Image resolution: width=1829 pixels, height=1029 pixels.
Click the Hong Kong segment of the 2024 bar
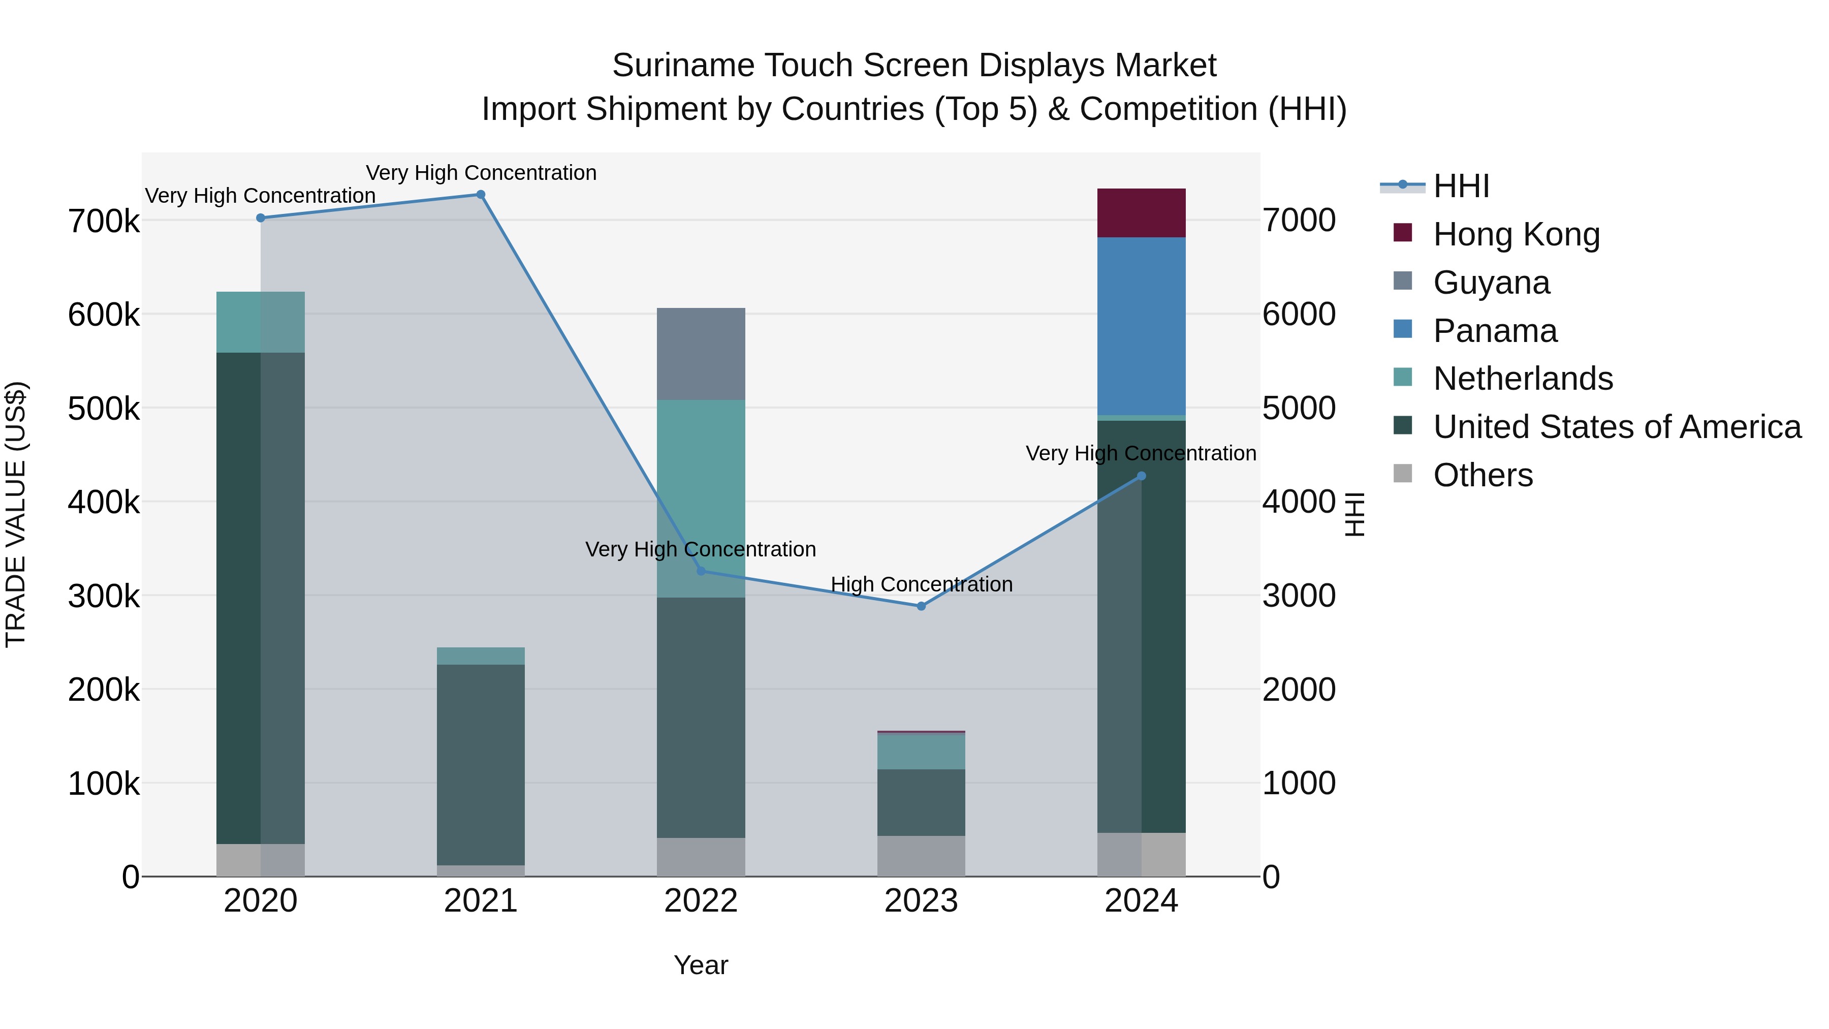point(1141,213)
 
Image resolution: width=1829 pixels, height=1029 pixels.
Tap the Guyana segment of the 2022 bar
point(701,354)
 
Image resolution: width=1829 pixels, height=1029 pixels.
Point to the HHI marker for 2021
point(481,195)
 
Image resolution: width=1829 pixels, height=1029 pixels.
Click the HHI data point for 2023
point(921,606)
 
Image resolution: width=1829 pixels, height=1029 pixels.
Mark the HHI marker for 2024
point(1141,476)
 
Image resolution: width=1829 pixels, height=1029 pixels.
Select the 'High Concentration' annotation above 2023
point(921,584)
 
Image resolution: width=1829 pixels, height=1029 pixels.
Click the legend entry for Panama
point(1495,331)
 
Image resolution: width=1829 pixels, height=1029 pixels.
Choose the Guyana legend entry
point(1491,283)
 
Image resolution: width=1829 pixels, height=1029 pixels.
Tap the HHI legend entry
point(1461,186)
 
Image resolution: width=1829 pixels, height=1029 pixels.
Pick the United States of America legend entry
point(1617,427)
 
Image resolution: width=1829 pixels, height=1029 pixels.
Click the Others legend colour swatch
point(1402,473)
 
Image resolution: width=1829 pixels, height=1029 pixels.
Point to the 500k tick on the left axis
point(104,409)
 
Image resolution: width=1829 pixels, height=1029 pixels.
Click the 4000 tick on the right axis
point(1299,502)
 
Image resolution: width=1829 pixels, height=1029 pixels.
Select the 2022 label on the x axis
point(701,901)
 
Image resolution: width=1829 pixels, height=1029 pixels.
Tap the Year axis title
point(701,965)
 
